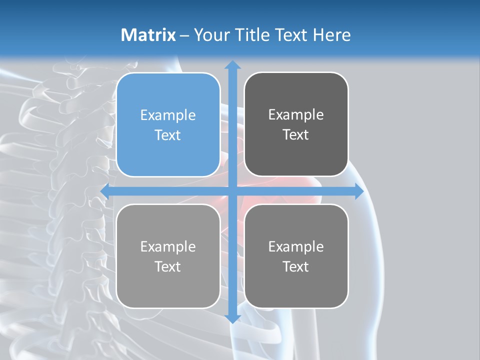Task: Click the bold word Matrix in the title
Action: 148,35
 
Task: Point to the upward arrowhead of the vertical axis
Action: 232,64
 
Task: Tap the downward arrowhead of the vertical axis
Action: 232,318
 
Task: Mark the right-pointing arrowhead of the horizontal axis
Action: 359,191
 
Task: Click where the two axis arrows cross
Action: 232,191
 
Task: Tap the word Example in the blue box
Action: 168,115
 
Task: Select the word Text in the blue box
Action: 168,135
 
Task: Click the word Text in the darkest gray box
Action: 296,135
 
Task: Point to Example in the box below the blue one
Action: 168,247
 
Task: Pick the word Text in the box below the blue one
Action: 168,266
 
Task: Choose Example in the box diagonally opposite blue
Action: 296,247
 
